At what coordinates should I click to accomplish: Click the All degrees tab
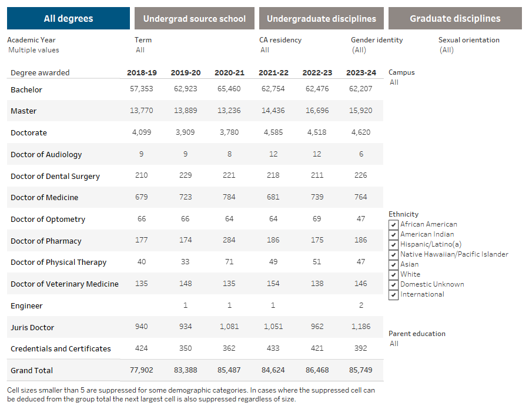[x=68, y=18]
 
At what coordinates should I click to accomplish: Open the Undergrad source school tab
[x=195, y=18]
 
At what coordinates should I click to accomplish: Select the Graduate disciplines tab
[x=455, y=18]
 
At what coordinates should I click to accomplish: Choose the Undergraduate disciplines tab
[x=322, y=18]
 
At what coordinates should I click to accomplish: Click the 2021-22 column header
[x=273, y=73]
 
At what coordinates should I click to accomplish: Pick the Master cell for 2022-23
[x=317, y=111]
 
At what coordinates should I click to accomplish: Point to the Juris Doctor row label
[x=32, y=327]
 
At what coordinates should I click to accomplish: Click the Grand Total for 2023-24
[x=361, y=370]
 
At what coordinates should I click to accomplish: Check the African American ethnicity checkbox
[x=394, y=224]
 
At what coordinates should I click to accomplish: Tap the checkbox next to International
[x=394, y=294]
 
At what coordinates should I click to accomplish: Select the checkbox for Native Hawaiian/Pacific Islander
[x=394, y=254]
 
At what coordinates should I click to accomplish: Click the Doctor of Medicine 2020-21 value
[x=229, y=197]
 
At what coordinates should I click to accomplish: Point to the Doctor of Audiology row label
[x=46, y=154]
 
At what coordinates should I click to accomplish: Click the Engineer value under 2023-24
[x=361, y=305]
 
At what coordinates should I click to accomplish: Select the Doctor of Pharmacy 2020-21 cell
[x=229, y=241]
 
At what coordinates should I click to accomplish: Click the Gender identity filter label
[x=377, y=40]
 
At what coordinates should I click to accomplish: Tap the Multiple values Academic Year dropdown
[x=34, y=50]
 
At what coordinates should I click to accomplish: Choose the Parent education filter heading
[x=417, y=334]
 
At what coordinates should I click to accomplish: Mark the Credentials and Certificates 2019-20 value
[x=186, y=348]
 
